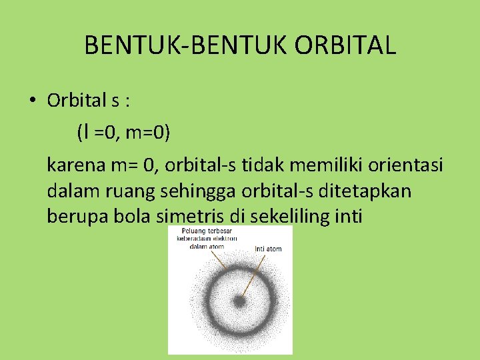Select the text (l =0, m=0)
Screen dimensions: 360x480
click(x=124, y=133)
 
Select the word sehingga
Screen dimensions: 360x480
click(x=194, y=191)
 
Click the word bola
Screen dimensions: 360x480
click(x=127, y=217)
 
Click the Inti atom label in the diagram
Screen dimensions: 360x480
click(x=268, y=249)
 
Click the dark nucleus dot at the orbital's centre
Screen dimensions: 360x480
click(x=239, y=301)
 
